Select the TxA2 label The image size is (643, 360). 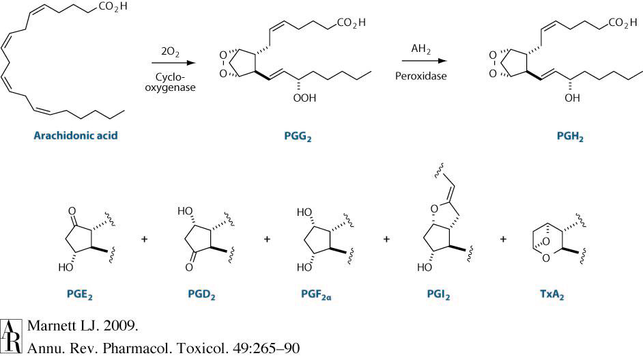pos(558,297)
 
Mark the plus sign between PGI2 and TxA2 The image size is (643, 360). pos(504,239)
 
